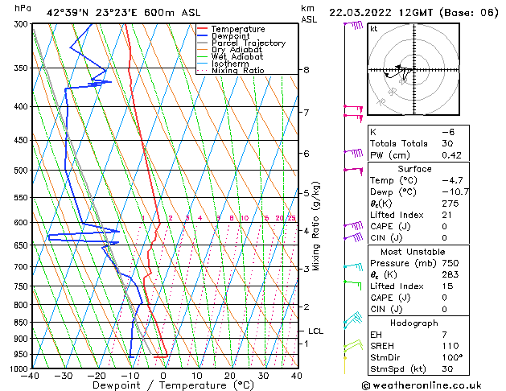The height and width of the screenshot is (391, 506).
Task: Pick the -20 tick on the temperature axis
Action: coord(97,376)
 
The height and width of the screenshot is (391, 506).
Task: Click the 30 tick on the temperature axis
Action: coord(263,376)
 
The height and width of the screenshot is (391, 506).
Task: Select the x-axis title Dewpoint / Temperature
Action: coord(163,386)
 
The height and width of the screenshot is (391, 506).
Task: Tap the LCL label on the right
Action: coord(316,331)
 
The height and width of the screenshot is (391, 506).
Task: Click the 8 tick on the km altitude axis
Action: coord(306,70)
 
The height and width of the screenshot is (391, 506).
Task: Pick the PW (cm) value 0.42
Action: coord(455,156)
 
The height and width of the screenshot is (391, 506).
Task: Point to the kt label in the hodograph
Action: coord(374,29)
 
